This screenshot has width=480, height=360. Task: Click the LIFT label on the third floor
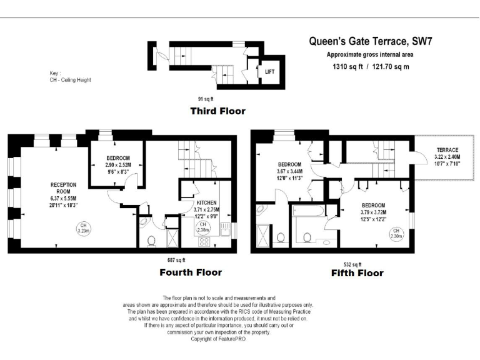(270, 72)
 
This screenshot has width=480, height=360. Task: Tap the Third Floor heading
(218, 111)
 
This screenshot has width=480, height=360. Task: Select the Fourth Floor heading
(191, 272)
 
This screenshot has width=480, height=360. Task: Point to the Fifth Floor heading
(357, 272)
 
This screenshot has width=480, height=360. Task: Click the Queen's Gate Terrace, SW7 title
(371, 41)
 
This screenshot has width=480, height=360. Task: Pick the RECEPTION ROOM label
(63, 188)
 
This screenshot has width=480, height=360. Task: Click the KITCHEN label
(207, 202)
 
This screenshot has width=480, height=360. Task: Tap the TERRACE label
(447, 150)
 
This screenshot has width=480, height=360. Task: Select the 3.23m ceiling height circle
(83, 228)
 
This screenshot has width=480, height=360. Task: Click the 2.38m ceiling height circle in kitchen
(202, 227)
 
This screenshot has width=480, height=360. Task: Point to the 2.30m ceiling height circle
(396, 234)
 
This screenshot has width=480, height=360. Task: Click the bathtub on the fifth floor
(308, 211)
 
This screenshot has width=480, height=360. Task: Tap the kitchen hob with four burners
(204, 241)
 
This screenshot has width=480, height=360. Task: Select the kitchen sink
(225, 229)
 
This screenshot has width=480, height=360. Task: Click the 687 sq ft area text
(176, 260)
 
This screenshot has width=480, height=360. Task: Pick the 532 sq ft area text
(352, 264)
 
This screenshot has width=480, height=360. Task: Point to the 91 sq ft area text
(206, 99)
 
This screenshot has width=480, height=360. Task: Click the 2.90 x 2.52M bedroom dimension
(118, 165)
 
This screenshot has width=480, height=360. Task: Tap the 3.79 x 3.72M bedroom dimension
(374, 212)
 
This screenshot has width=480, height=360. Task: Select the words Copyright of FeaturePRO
(219, 339)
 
